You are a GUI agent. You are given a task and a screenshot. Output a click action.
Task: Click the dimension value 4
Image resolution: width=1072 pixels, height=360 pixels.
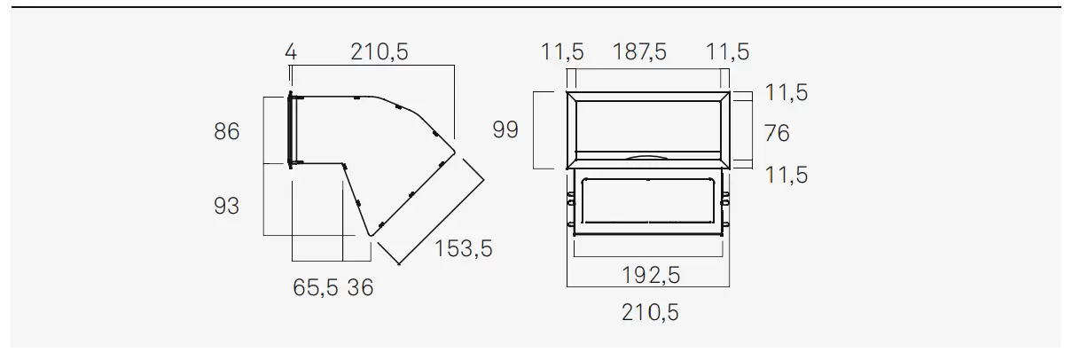coord(291,51)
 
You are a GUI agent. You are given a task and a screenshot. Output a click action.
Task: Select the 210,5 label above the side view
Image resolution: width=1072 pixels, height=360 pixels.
coord(380,51)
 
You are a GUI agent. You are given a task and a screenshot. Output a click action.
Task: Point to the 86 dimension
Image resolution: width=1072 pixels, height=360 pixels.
coord(226,131)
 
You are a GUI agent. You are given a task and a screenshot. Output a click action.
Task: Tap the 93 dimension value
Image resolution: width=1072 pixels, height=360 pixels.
coord(226,206)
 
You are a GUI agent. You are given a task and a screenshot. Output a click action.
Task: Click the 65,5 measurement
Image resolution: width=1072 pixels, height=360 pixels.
coord(316,287)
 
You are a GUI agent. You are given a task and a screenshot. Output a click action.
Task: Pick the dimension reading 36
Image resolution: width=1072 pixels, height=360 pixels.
coord(360,287)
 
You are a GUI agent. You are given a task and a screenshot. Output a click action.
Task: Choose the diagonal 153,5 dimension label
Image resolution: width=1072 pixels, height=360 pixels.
coord(463,249)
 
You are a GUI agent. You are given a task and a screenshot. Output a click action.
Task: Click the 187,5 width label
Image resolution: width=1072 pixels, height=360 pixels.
coord(639,51)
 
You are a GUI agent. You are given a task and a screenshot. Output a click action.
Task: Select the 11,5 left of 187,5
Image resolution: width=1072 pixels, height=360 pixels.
coord(562,51)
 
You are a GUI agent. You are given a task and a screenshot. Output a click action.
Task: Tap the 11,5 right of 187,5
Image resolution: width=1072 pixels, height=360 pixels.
coord(727,51)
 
